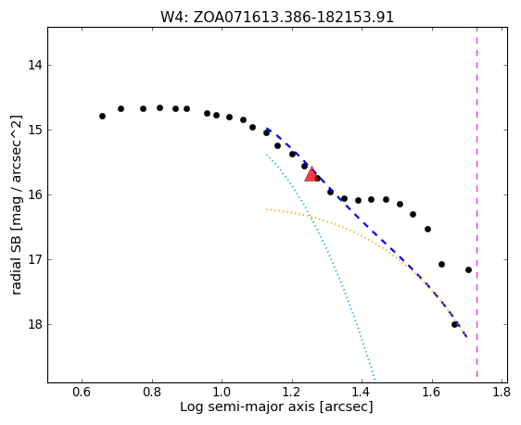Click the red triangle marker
point(311,176)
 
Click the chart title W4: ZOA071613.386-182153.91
point(277,18)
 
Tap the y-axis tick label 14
point(35,65)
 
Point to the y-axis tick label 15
point(35,130)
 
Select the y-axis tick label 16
point(35,194)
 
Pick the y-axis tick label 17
point(35,259)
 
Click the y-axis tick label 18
point(35,324)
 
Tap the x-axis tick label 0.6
point(82,393)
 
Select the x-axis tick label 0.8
point(152,393)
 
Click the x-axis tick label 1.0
point(222,393)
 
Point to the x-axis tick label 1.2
point(292,393)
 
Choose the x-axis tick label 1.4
point(362,393)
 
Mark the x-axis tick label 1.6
point(432,393)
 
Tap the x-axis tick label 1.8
point(502,393)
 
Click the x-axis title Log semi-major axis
point(248,407)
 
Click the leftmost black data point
point(102,116)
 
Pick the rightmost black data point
point(468,269)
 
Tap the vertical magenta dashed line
point(477,203)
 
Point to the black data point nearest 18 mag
point(454,324)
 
